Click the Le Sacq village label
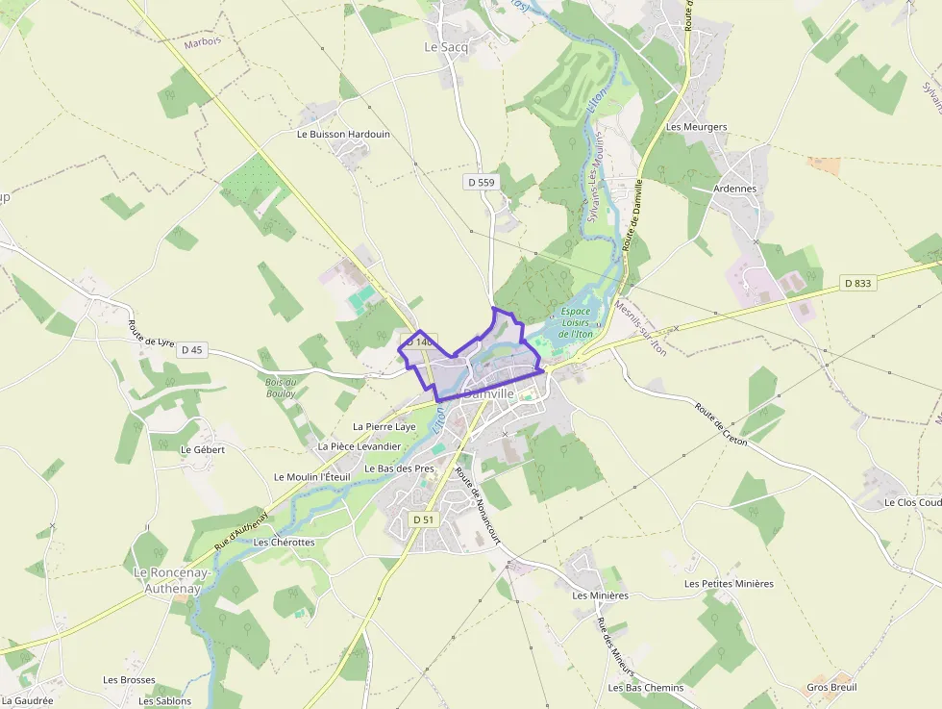444,46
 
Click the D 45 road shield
191,350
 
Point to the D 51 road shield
423,519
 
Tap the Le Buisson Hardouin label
343,134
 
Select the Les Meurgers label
696,127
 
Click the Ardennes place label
734,189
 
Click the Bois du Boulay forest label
280,388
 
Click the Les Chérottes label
284,542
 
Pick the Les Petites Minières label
729,583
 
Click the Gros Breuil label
831,687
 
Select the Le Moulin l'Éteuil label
312,476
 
